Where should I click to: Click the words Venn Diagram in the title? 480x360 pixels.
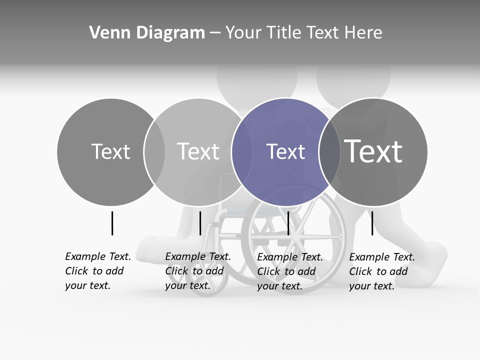point(147,33)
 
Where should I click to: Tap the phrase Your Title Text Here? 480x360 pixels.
point(303,33)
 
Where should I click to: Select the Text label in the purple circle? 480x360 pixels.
point(285,152)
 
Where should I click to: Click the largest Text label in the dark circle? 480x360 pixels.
point(373,151)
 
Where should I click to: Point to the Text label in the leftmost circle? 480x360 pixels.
point(110,152)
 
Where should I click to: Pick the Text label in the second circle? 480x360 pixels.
point(198,152)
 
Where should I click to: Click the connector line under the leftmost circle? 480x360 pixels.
point(112,223)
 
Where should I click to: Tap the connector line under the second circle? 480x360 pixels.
point(200,223)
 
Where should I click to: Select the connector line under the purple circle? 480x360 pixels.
point(288,223)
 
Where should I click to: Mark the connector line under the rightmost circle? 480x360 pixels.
point(372,223)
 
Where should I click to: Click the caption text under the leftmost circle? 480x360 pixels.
point(98,271)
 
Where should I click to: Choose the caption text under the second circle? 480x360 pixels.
point(198,271)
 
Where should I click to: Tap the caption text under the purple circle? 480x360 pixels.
point(290,271)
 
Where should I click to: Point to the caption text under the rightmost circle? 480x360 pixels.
point(382,271)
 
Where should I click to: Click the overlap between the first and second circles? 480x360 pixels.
point(154,152)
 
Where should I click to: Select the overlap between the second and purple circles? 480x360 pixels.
point(242,152)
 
